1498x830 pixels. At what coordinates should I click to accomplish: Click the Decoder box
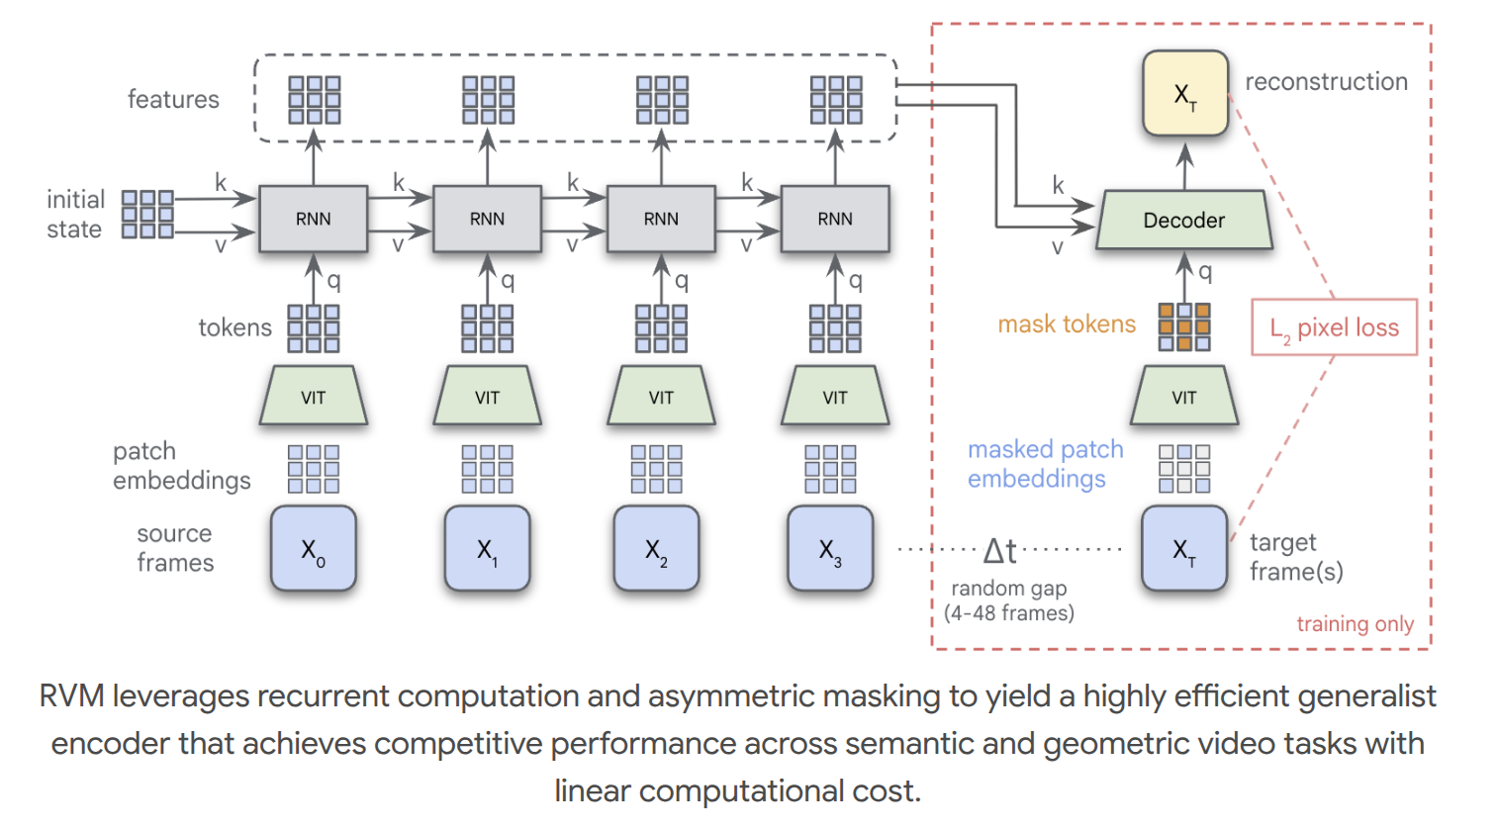click(1183, 220)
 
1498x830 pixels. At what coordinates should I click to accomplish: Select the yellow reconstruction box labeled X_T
click(1184, 94)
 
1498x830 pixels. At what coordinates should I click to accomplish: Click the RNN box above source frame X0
click(313, 219)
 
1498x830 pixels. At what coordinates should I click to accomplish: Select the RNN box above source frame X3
click(834, 219)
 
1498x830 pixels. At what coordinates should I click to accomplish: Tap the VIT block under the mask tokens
click(1183, 397)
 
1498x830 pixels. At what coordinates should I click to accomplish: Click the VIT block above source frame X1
click(487, 397)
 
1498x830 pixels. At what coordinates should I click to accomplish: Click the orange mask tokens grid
click(1183, 327)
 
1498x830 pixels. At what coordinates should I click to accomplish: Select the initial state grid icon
click(147, 215)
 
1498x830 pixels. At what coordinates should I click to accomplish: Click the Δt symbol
click(999, 550)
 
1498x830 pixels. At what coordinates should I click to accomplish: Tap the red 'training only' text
click(1355, 623)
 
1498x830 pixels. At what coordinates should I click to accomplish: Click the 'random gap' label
click(1008, 589)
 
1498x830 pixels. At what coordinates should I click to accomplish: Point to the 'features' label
click(173, 99)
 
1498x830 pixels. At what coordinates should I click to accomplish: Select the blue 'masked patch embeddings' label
click(1045, 464)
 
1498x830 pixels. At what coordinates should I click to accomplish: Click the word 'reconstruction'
click(1326, 82)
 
